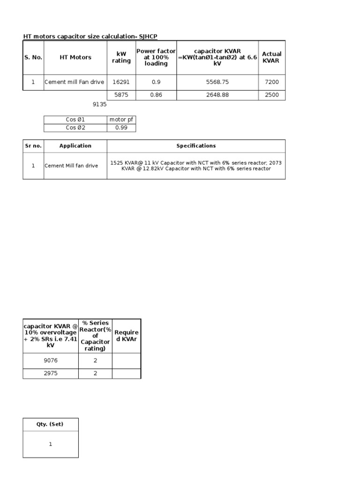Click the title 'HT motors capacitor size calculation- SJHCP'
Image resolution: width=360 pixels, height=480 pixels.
(x=94, y=36)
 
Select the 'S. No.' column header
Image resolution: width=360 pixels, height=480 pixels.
(x=33, y=57)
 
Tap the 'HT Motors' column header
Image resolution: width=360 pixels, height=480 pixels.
(x=75, y=57)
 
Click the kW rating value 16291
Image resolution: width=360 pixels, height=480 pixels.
(x=121, y=82)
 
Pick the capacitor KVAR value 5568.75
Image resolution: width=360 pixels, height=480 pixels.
(x=217, y=82)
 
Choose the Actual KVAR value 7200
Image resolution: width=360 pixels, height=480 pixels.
(x=271, y=82)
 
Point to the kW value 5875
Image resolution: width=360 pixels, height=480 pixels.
(x=121, y=95)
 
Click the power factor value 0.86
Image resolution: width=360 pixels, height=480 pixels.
(x=156, y=95)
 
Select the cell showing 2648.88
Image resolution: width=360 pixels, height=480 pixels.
(x=217, y=95)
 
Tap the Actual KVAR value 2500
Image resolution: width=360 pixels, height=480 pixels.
(x=271, y=95)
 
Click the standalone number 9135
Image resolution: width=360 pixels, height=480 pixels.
(x=100, y=105)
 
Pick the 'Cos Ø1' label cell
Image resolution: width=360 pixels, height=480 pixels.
(x=75, y=120)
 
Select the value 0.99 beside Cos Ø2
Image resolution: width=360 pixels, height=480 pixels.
(x=121, y=127)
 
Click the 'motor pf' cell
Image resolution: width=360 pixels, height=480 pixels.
(x=121, y=120)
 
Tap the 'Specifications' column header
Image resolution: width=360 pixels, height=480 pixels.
(x=196, y=146)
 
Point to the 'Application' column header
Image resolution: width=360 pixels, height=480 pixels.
(x=75, y=146)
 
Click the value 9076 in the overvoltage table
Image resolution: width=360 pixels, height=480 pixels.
(x=51, y=361)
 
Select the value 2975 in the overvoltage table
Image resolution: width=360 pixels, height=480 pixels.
(x=51, y=374)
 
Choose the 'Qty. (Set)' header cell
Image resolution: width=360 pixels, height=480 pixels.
(x=50, y=424)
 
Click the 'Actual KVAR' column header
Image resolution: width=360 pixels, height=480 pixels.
(x=271, y=57)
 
